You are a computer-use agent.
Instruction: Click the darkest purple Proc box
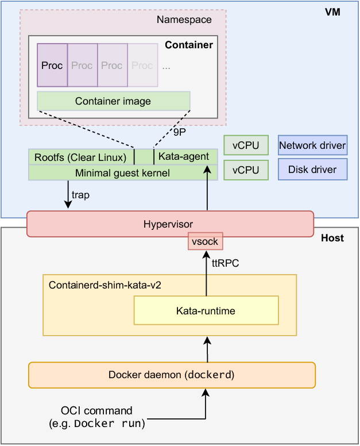52,66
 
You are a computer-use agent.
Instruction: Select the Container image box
113,101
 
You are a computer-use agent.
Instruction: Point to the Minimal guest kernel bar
123,172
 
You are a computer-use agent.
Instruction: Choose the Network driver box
312,145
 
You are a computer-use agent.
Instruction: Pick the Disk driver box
312,170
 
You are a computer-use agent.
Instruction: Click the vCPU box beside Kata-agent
246,145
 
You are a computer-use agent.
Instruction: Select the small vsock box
206,241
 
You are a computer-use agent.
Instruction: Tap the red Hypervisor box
170,224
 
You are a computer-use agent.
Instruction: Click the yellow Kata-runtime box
206,311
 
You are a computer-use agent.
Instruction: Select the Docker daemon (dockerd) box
172,375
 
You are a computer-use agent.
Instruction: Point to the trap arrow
68,195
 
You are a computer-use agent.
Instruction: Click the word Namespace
184,20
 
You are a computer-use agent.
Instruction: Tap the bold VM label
332,11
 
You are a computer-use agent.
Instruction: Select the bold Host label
332,238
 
